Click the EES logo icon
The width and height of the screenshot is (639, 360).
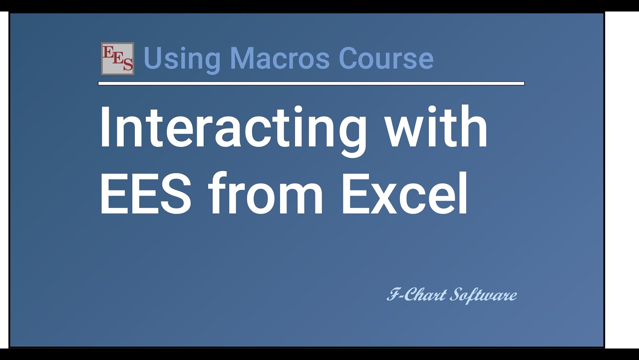click(117, 58)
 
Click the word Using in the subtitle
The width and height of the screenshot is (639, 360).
click(182, 58)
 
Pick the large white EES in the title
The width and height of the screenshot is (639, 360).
click(145, 192)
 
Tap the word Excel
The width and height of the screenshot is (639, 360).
click(404, 192)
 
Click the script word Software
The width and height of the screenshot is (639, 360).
click(483, 295)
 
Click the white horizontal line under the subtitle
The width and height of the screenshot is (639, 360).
click(311, 83)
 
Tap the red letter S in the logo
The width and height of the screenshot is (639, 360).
click(128, 64)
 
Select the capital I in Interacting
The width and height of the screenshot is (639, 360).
click(105, 127)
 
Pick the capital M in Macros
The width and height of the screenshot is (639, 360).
click(242, 58)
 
